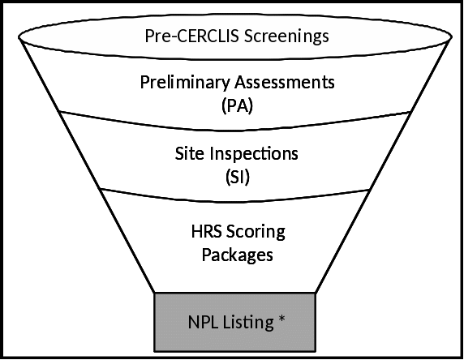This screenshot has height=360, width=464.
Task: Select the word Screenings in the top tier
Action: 286,36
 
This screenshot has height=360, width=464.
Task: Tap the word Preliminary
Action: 185,83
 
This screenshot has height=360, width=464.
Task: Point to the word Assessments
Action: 285,82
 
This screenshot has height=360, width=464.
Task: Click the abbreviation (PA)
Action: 238,105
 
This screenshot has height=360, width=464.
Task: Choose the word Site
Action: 189,153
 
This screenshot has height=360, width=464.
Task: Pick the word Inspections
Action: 254,154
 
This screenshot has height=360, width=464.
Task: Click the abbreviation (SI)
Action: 238,177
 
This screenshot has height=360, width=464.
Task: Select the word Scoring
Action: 256,232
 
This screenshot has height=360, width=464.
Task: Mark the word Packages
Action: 238,255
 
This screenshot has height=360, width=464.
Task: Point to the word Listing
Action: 248,323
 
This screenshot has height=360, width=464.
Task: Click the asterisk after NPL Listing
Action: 281,319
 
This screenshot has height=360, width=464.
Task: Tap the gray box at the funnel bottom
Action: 234,322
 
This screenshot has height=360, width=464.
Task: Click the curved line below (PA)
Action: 235,130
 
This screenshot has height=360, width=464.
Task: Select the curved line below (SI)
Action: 235,202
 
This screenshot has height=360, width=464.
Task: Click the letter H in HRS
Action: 196,231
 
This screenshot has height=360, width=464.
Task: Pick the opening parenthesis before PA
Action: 224,106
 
